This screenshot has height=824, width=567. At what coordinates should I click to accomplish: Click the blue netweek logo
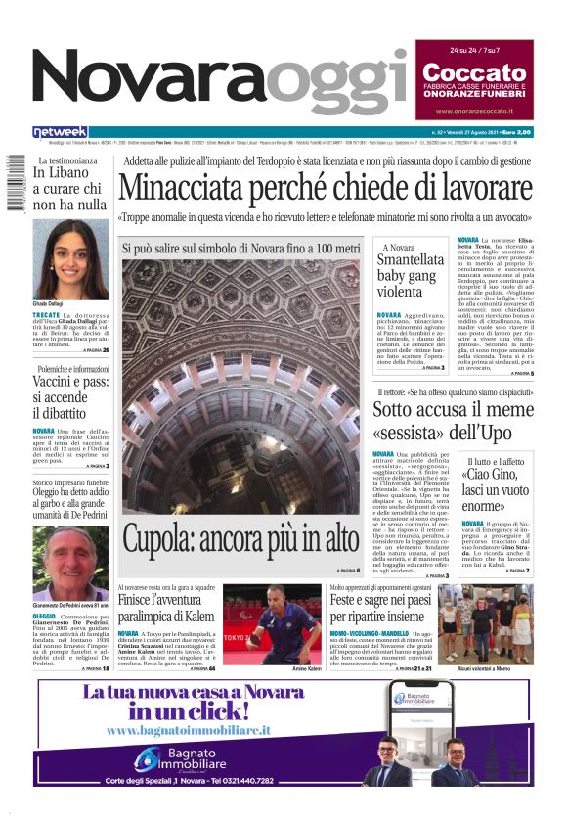[60, 132]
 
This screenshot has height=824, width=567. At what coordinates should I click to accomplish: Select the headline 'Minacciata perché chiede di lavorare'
[326, 187]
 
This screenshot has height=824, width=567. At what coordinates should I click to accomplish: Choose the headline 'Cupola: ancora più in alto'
[240, 537]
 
